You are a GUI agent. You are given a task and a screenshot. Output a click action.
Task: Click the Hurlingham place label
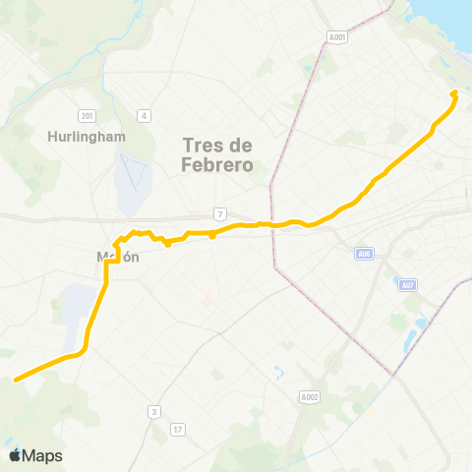[87, 137]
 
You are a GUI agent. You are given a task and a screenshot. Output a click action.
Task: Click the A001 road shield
[337, 38]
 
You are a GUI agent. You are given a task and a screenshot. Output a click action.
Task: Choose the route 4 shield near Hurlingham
[145, 116]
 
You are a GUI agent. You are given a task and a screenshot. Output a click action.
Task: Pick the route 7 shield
[221, 214]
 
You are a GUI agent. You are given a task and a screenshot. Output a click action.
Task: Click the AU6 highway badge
[364, 254]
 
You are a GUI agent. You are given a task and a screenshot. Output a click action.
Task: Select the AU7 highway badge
[408, 285]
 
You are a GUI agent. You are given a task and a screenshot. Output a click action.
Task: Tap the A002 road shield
[309, 397]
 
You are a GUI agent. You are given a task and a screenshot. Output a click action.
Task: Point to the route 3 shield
[154, 412]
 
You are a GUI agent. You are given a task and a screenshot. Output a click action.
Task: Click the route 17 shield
[177, 429]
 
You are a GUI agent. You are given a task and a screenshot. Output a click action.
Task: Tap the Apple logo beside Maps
[15, 455]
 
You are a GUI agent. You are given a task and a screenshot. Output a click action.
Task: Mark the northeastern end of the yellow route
[455, 93]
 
